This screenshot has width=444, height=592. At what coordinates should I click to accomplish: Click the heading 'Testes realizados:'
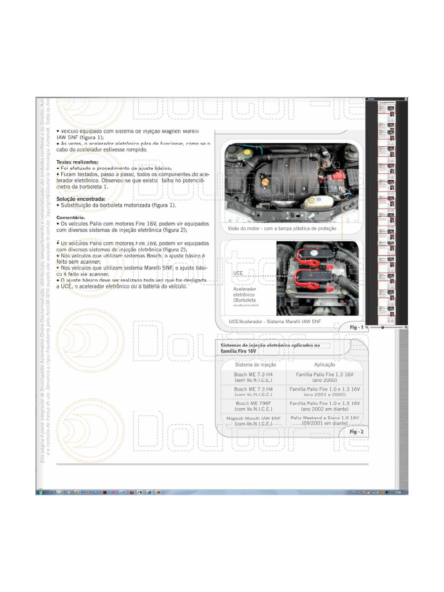[77, 162]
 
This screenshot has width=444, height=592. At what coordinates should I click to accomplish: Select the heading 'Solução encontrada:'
[80, 199]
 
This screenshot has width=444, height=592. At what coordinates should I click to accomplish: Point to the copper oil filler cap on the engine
[265, 183]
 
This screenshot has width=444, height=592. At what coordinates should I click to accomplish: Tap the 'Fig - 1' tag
[356, 327]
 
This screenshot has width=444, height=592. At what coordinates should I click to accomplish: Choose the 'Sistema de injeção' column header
[255, 365]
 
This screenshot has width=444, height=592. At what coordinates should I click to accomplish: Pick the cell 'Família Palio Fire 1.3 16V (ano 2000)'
[324, 378]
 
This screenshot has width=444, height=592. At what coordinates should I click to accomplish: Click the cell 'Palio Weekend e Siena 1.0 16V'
[324, 417]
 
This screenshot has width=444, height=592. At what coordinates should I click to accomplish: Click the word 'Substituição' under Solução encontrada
[76, 205]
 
